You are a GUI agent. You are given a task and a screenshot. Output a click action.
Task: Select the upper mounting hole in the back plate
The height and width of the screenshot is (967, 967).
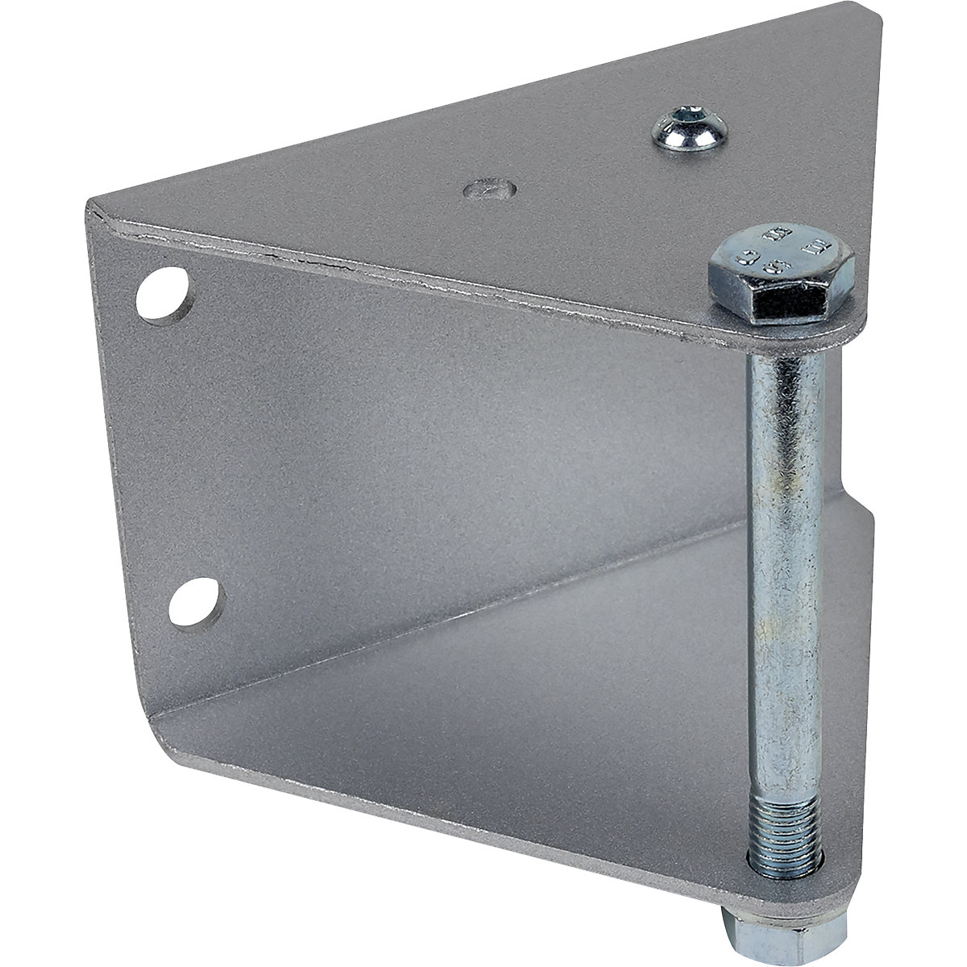[x=164, y=295]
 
